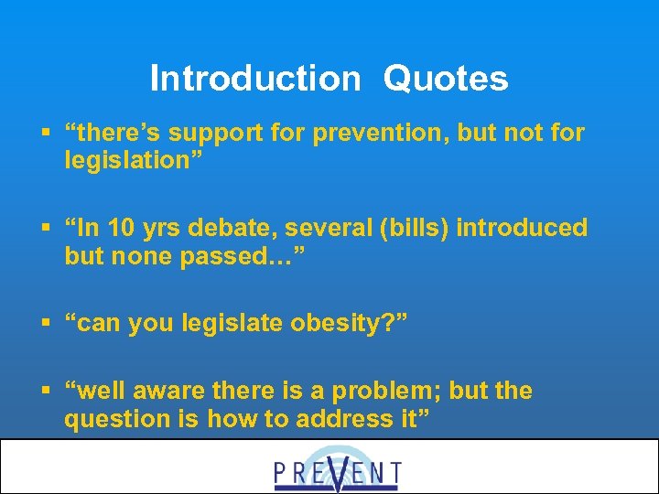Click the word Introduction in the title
[x=255, y=79]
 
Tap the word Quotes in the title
[x=446, y=79]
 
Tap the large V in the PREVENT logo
[x=338, y=468]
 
